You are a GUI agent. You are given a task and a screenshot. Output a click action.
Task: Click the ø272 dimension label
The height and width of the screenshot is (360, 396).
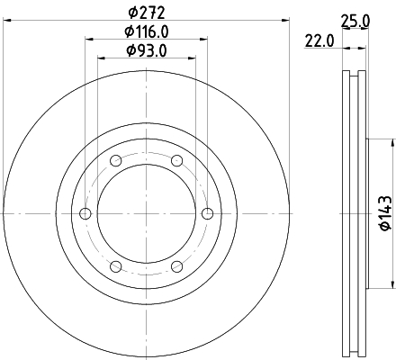tap(147, 13)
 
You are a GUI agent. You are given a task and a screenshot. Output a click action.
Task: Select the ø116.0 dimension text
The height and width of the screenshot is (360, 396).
tap(147, 31)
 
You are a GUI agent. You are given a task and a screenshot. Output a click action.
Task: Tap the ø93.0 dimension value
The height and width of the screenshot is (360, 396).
tap(147, 50)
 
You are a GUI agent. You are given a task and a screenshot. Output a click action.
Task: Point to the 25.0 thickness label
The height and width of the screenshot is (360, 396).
tap(355, 22)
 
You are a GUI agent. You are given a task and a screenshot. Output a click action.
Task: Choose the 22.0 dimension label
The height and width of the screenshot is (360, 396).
tap(319, 40)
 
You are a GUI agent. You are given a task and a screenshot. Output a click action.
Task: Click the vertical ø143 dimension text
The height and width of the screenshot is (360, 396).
tap(386, 213)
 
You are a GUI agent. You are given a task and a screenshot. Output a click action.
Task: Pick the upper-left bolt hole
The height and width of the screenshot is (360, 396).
tap(116, 161)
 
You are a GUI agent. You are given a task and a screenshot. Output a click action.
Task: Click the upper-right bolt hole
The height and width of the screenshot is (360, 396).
tap(177, 161)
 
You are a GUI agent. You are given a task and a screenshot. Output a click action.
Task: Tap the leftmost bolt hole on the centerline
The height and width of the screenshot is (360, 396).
tap(85, 213)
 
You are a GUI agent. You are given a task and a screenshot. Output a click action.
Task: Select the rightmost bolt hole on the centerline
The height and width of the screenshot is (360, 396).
tap(207, 213)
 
